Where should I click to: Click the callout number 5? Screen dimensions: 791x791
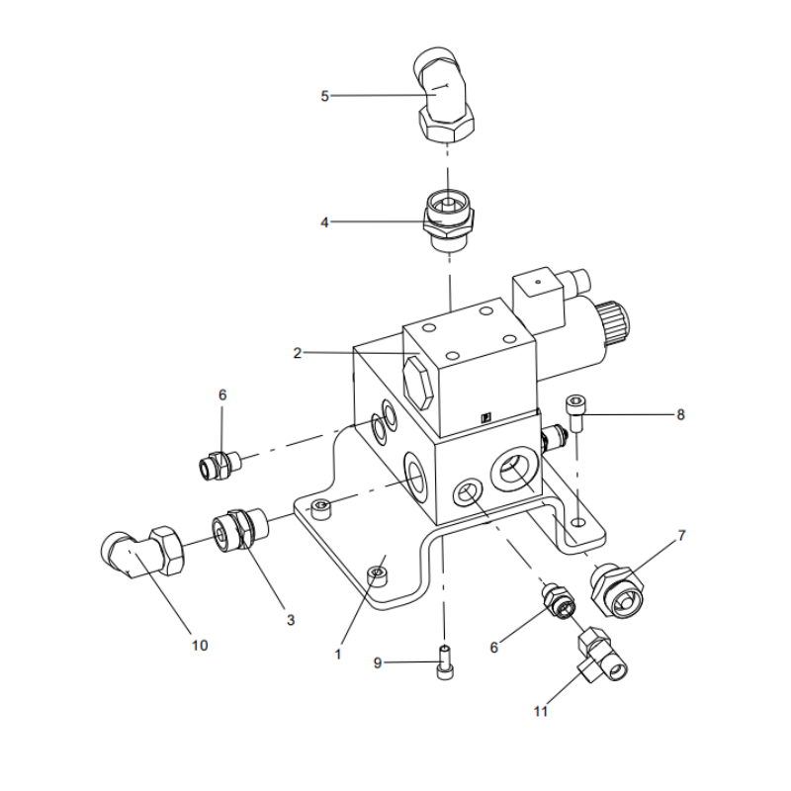tap(324, 96)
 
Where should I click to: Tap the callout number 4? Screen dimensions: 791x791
tap(324, 222)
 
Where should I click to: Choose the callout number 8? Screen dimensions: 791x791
tap(680, 415)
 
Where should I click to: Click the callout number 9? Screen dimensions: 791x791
tap(377, 663)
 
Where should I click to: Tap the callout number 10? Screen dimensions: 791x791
tap(200, 645)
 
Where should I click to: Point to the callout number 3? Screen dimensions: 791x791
tap(291, 620)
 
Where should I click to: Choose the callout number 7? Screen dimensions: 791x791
tap(680, 536)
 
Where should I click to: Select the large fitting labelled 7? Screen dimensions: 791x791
tap(617, 590)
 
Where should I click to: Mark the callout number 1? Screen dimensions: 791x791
tap(338, 653)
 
